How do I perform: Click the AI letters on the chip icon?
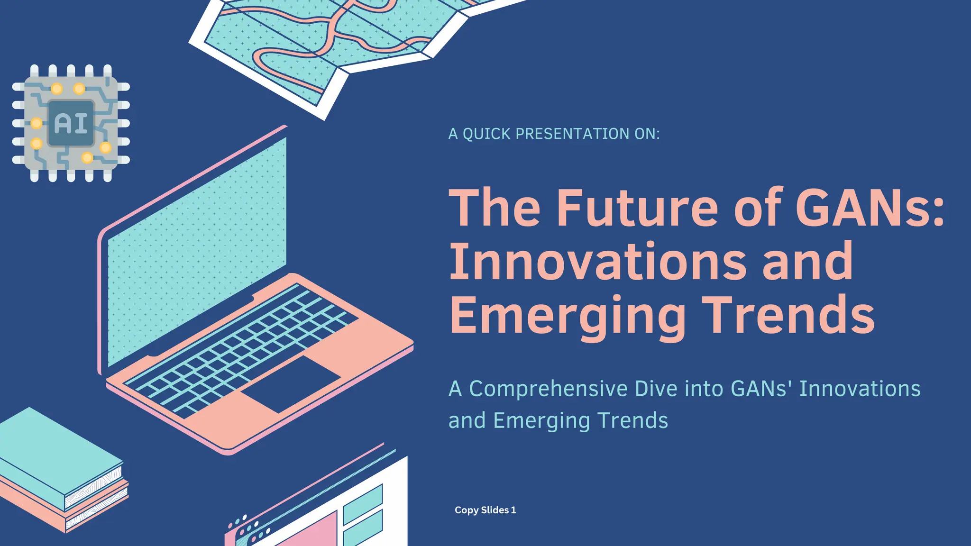[x=71, y=123]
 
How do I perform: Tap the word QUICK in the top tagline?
[x=486, y=134]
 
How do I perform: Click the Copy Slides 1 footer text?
[x=485, y=510]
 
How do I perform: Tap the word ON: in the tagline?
[x=647, y=134]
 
